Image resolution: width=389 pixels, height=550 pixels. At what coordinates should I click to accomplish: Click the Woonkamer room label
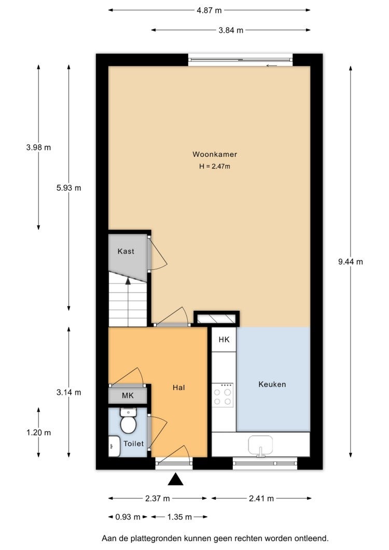click(x=215, y=154)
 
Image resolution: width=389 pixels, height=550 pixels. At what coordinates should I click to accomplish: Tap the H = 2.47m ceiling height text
click(x=215, y=166)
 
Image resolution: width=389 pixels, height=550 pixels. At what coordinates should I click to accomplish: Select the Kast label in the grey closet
click(x=126, y=251)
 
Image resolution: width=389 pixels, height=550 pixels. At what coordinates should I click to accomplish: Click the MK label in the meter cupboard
click(x=128, y=396)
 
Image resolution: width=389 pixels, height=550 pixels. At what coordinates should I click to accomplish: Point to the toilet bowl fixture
click(x=128, y=421)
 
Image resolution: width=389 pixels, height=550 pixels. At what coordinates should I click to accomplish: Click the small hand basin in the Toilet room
click(x=114, y=446)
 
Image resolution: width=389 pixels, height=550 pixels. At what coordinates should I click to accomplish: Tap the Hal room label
click(x=179, y=388)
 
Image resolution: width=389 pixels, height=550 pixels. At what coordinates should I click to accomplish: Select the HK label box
click(x=224, y=339)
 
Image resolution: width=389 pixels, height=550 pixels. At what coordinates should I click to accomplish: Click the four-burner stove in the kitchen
click(x=223, y=395)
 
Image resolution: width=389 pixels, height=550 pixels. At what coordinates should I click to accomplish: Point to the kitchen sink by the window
click(x=260, y=446)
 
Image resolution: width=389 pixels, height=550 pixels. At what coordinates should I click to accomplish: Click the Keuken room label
click(x=272, y=384)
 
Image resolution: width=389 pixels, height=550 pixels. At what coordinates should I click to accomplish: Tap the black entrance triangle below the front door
click(x=175, y=479)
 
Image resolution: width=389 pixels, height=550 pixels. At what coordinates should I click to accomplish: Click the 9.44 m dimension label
click(x=351, y=262)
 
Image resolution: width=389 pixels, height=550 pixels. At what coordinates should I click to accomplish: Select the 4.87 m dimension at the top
click(x=209, y=10)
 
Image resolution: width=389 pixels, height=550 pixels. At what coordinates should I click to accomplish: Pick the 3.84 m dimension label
click(x=231, y=30)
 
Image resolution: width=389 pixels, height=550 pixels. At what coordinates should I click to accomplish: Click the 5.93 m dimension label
click(x=69, y=188)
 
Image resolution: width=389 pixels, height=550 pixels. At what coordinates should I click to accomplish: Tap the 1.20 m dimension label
click(x=38, y=433)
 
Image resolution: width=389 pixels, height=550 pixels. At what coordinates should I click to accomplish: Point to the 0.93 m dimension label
click(x=128, y=517)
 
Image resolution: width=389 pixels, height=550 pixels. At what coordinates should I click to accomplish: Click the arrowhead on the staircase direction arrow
click(x=128, y=280)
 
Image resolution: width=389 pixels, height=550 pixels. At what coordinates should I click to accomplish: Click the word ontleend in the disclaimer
click(x=311, y=538)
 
